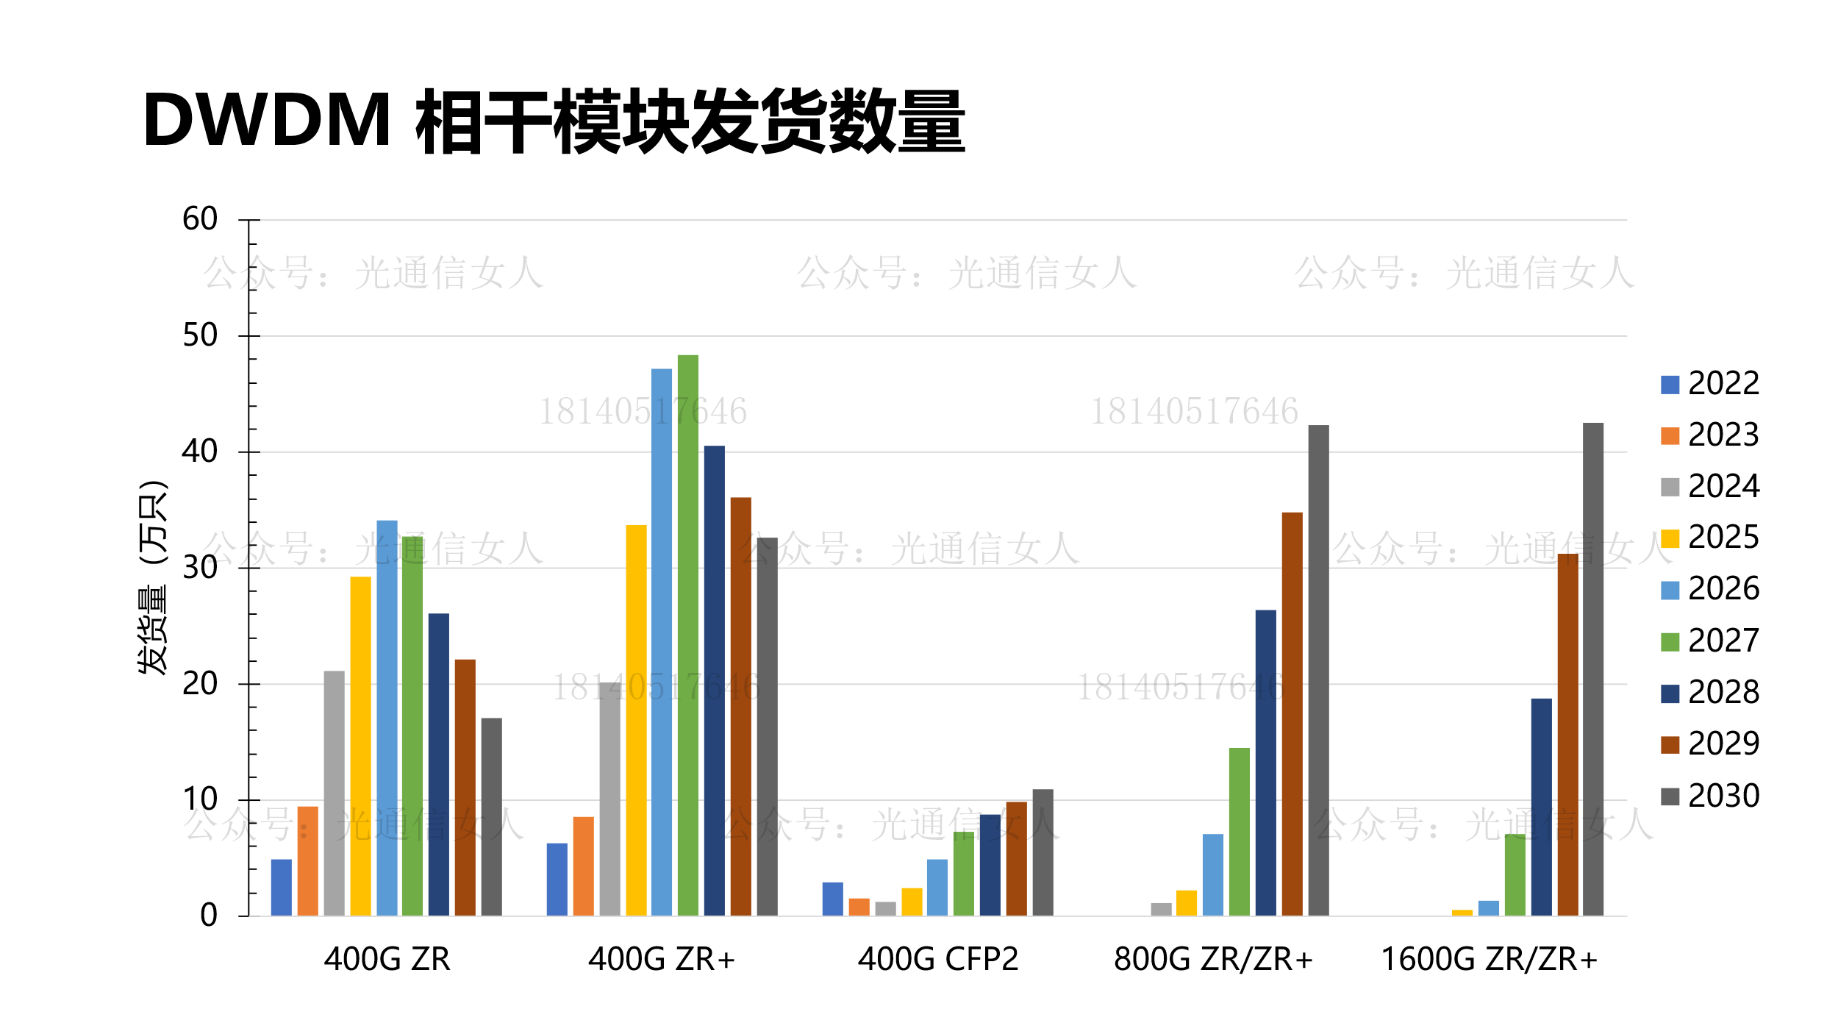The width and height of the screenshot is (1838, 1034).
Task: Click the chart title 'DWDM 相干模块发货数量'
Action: tap(553, 121)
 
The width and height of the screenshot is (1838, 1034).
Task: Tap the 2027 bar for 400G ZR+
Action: tap(687, 635)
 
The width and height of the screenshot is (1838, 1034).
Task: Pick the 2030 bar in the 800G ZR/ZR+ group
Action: tap(1318, 670)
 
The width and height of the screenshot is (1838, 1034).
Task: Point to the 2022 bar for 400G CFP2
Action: tap(832, 899)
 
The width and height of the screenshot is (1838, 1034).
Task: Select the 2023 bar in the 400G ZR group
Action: tap(307, 861)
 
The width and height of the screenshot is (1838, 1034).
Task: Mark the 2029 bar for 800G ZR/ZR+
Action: tap(1292, 714)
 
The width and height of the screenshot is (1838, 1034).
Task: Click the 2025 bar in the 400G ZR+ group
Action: tap(636, 720)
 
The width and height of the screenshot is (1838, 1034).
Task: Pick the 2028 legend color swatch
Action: tap(1670, 694)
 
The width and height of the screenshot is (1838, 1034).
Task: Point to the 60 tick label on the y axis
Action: tap(200, 219)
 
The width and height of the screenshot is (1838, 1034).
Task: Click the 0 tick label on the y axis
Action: tap(209, 916)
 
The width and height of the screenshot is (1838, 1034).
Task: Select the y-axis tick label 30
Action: tap(200, 568)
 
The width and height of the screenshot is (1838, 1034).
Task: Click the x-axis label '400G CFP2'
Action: tap(937, 960)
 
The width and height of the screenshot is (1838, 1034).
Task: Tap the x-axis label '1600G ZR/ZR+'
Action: tap(1489, 960)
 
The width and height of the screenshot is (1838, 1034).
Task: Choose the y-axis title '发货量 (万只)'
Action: tap(153, 577)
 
